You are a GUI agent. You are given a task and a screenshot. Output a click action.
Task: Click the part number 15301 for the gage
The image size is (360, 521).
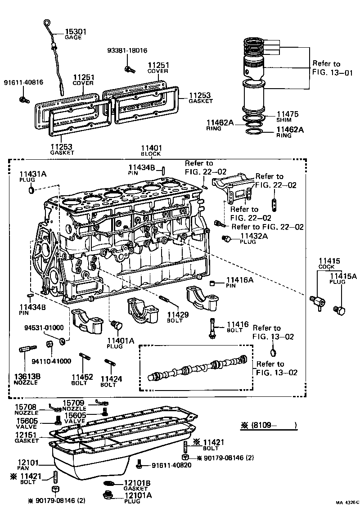(x=76, y=31)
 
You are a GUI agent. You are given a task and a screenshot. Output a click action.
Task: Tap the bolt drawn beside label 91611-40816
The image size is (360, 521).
(x=23, y=99)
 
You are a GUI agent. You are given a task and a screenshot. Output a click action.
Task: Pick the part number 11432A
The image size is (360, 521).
(x=254, y=235)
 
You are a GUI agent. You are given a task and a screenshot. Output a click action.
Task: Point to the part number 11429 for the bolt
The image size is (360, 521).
(x=178, y=314)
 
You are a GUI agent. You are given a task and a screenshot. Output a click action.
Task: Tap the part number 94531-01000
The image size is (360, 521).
(x=44, y=328)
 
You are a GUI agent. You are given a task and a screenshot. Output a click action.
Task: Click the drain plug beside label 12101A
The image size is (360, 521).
(x=108, y=495)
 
